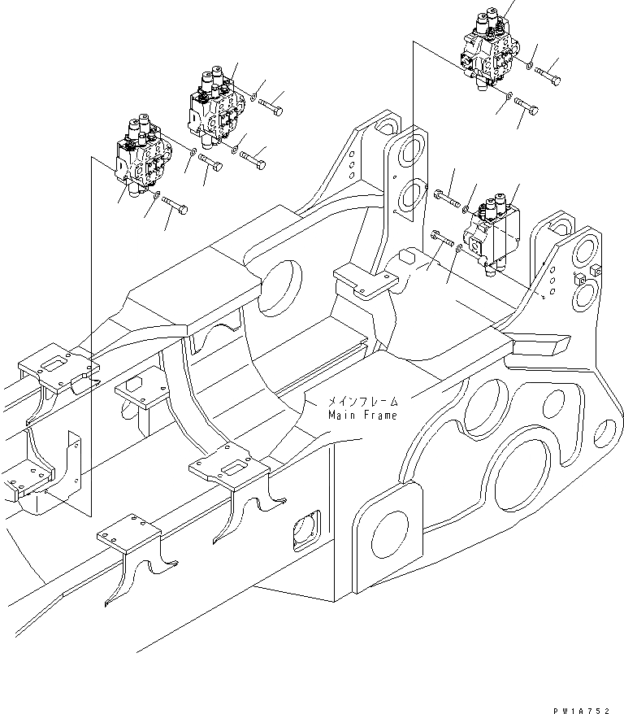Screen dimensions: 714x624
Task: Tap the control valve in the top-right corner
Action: click(490, 50)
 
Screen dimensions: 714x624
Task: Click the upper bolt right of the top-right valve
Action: click(549, 73)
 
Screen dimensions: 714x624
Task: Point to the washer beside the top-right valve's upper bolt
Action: click(529, 64)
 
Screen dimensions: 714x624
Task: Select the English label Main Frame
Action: click(363, 416)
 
